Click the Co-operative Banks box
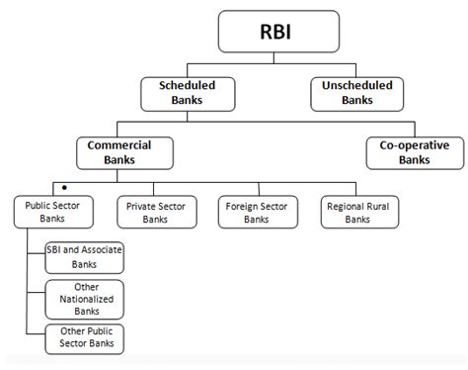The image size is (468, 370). coord(406,153)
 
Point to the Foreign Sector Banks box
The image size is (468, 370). coord(256,213)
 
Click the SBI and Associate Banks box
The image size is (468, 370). coord(84,257)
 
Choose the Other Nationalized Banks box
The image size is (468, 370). coord(84,299)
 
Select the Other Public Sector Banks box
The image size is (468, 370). coord(84,338)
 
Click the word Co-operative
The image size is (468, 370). coord(406,146)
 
